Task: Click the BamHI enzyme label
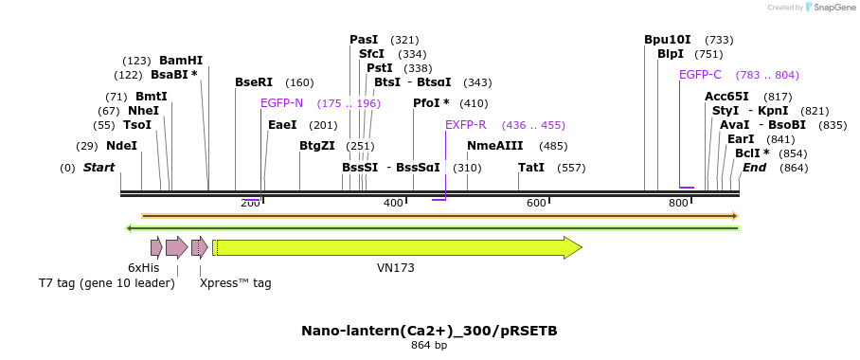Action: [x=181, y=61]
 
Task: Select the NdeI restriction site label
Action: [x=121, y=146]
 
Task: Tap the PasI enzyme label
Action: [x=364, y=40]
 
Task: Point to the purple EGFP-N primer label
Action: [x=282, y=103]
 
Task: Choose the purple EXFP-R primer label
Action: [x=466, y=125]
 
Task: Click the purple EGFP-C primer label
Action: [x=700, y=75]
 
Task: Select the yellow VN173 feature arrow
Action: [x=398, y=248]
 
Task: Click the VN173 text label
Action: [x=396, y=268]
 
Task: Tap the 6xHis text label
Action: [x=144, y=268]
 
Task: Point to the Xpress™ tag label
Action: [x=235, y=283]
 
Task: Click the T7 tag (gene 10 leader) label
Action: [x=106, y=283]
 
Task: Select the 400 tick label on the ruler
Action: [x=393, y=204]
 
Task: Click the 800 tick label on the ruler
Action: [x=678, y=204]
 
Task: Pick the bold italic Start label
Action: [x=99, y=168]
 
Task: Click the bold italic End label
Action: [x=754, y=168]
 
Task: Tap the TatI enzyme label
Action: [x=531, y=168]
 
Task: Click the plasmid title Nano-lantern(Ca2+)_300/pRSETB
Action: [x=429, y=331]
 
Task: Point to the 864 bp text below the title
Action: [x=429, y=346]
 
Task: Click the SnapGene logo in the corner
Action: [x=831, y=8]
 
